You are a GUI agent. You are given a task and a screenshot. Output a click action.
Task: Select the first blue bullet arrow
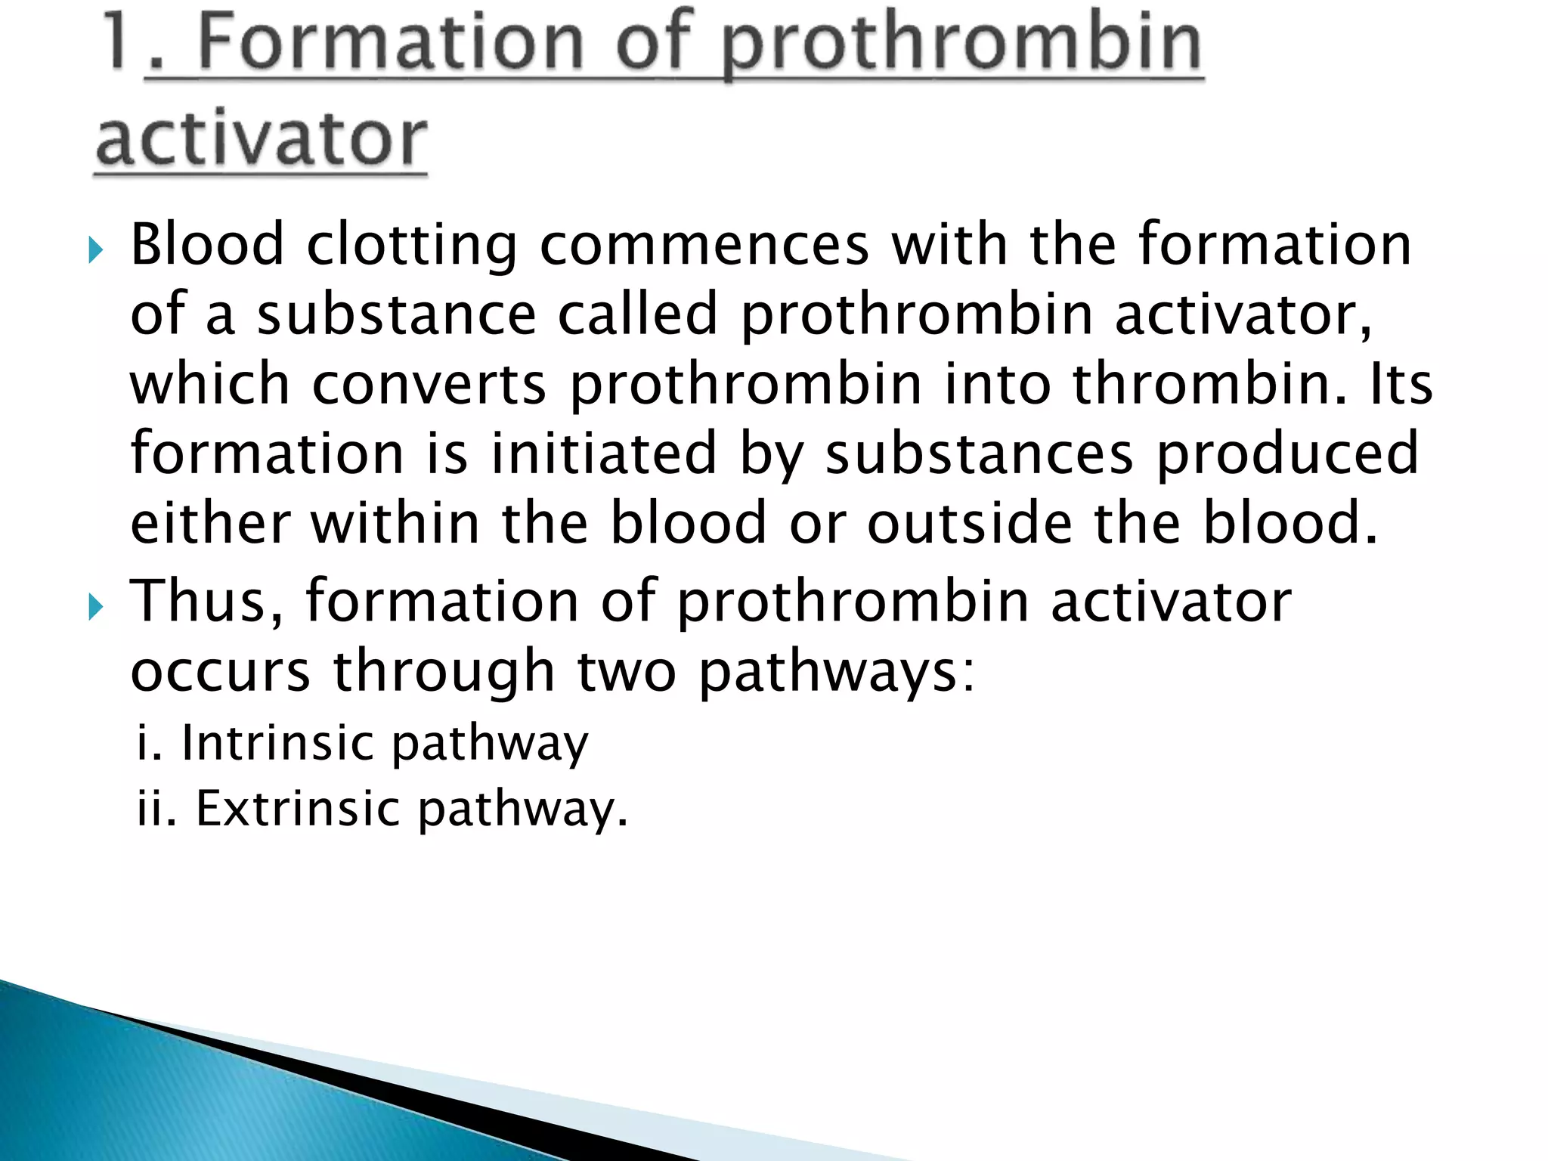(94, 249)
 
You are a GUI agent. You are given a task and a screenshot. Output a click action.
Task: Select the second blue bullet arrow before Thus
(94, 606)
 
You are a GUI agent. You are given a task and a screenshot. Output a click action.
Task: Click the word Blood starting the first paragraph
(207, 245)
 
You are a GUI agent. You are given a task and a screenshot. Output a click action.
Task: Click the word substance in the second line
(396, 314)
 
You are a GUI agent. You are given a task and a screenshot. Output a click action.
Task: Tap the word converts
(429, 384)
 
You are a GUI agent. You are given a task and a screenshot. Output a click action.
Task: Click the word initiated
(603, 454)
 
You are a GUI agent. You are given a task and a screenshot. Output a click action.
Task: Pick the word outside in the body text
(969, 523)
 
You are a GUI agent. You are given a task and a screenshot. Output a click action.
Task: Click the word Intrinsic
(277, 742)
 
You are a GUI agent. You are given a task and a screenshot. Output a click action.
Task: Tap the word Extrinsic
(297, 809)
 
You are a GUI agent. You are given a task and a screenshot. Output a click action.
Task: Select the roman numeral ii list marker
(156, 809)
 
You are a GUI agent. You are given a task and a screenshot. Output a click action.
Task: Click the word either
(210, 523)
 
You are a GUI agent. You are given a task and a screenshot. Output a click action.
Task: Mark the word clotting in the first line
(412, 245)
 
